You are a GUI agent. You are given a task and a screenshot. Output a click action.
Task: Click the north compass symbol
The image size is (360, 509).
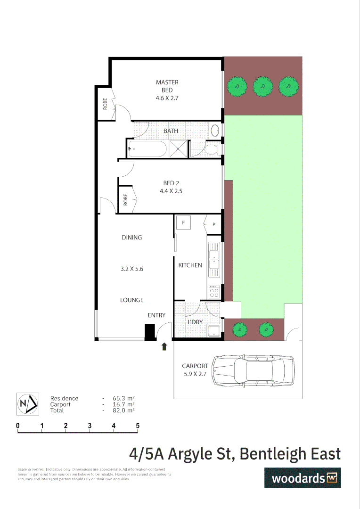pyautogui.click(x=27, y=404)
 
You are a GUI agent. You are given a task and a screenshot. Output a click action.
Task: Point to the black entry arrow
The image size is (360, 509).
pyautogui.click(x=164, y=347)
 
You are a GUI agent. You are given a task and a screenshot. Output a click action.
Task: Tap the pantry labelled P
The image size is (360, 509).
pyautogui.click(x=213, y=224)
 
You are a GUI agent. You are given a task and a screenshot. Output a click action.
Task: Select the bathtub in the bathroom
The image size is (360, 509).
pyautogui.click(x=147, y=149)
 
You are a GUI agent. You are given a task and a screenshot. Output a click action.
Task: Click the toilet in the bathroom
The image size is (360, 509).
pyautogui.click(x=210, y=150)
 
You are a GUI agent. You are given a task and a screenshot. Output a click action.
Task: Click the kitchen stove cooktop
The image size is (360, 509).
pyautogui.click(x=214, y=292)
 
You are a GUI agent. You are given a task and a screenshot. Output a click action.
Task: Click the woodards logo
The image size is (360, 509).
pyautogui.click(x=302, y=478)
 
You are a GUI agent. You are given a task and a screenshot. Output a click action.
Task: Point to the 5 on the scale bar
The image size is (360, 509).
pyautogui.click(x=138, y=426)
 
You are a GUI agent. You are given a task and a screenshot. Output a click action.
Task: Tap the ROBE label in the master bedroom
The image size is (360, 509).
pyautogui.click(x=105, y=103)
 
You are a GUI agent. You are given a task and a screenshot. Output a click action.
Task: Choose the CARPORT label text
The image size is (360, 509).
pyautogui.click(x=195, y=366)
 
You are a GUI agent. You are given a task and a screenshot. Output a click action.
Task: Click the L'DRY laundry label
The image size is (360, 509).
pyautogui.click(x=195, y=322)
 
